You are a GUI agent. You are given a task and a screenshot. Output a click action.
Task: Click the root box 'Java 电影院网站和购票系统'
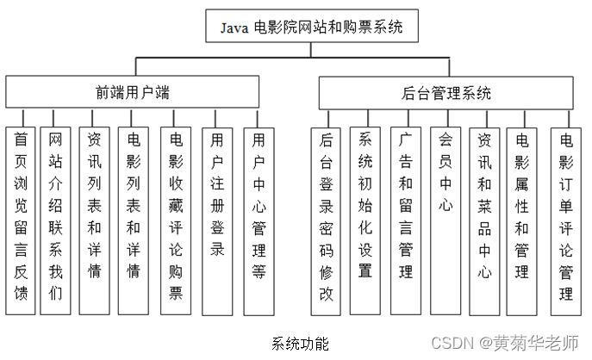(311, 26)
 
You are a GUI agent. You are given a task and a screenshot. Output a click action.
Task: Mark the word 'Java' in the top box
(234, 27)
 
